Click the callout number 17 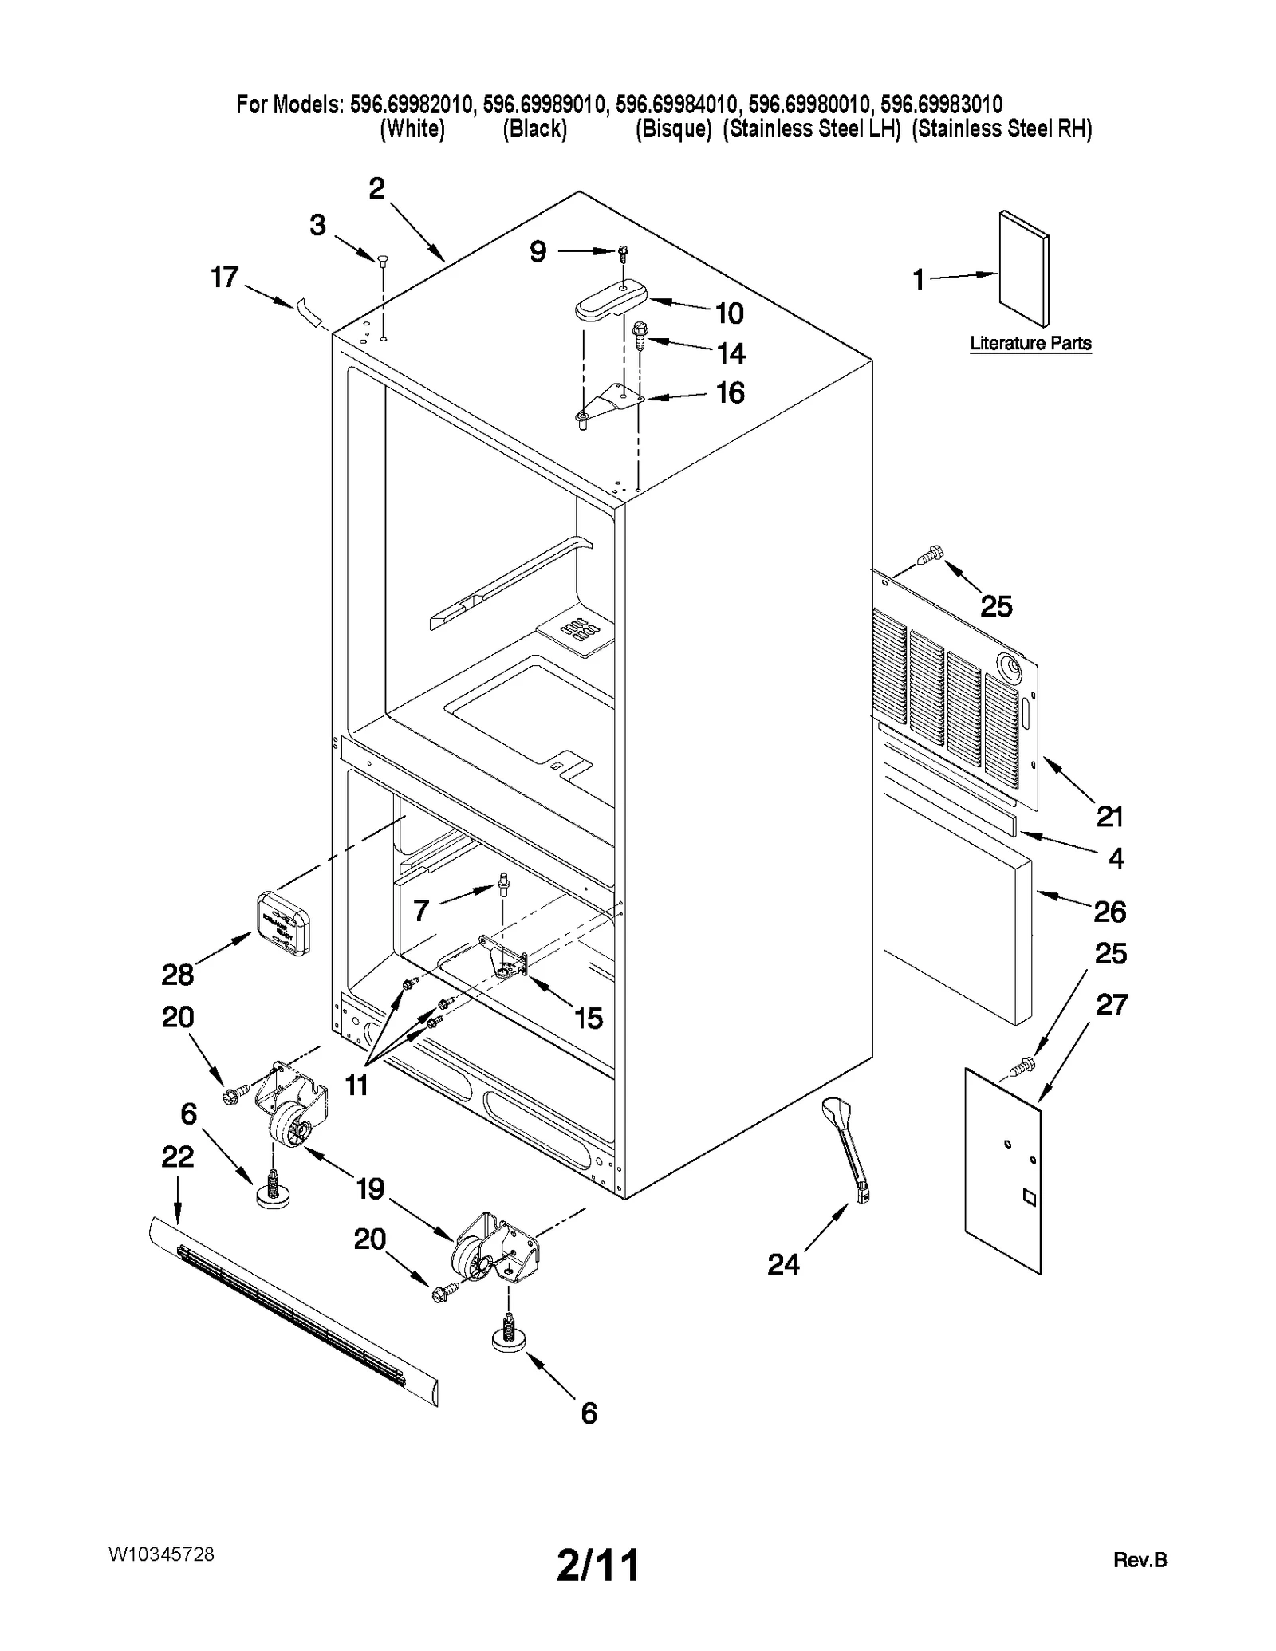[224, 278]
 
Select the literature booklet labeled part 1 [1023, 269]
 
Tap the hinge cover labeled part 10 [610, 301]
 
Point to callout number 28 [177, 974]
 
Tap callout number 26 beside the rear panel [1109, 911]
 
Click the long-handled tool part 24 [849, 1148]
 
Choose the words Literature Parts [1030, 344]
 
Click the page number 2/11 [597, 1566]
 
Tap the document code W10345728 [161, 1554]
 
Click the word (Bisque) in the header [672, 129]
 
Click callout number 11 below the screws [356, 1085]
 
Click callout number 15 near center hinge [589, 1019]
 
